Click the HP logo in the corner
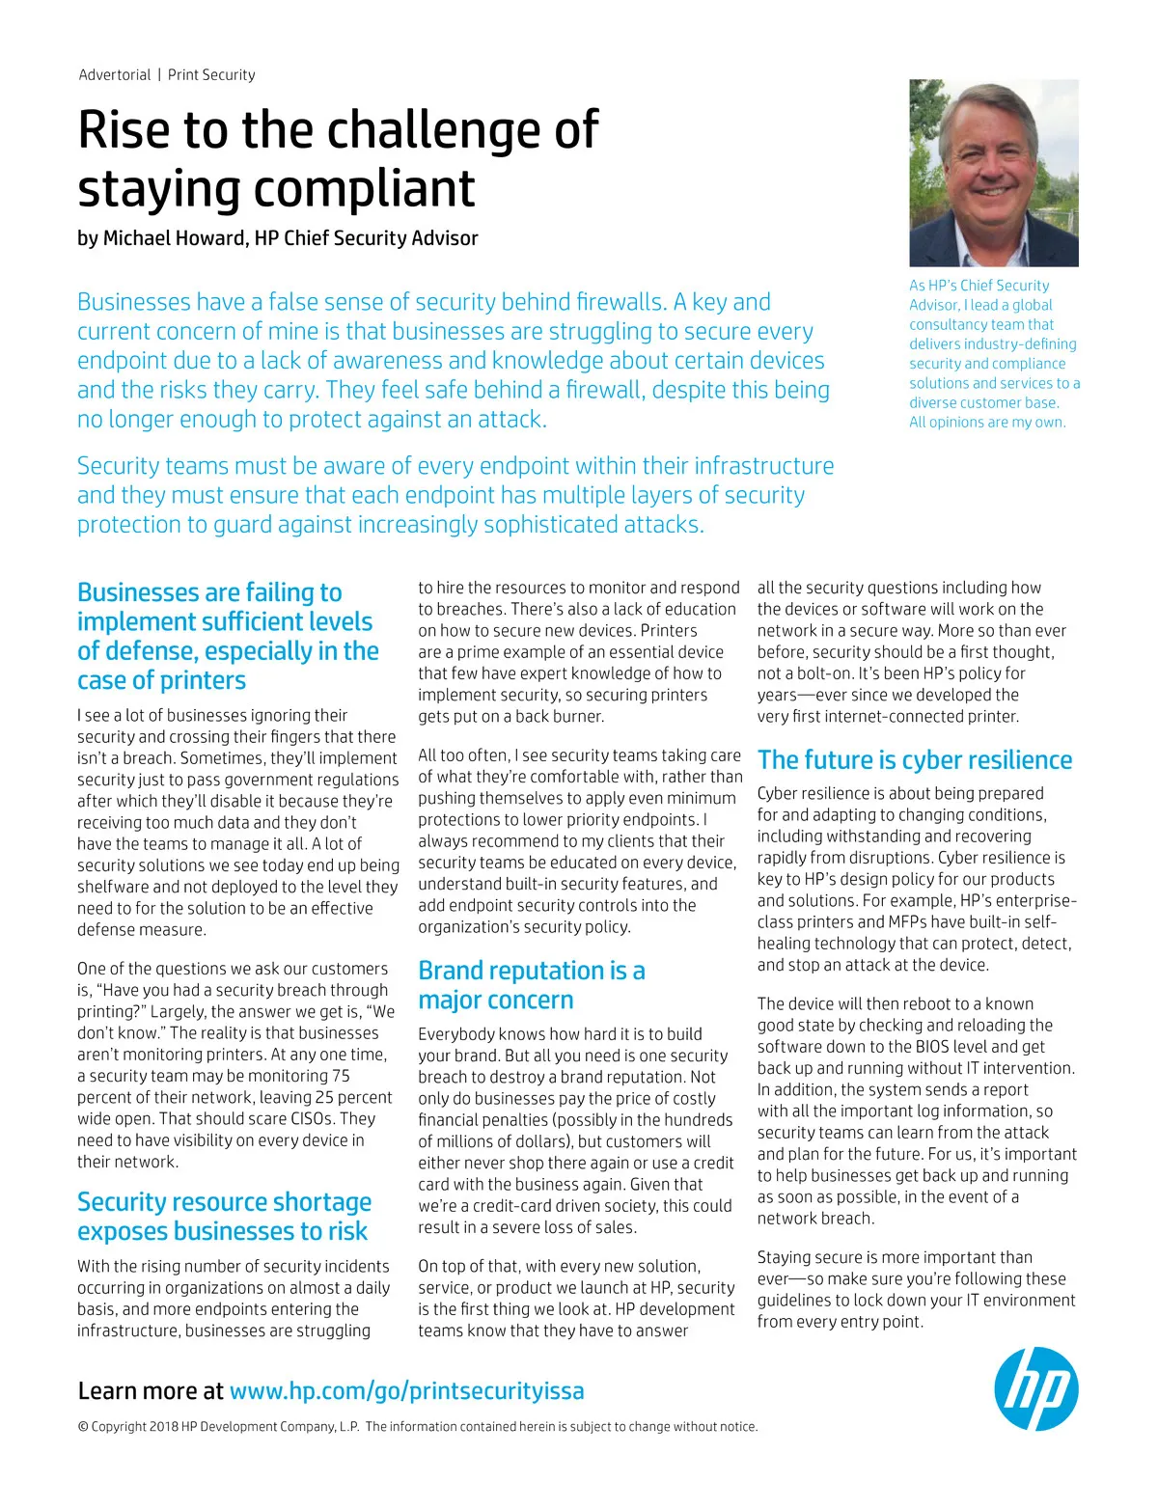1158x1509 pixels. coord(1035,1388)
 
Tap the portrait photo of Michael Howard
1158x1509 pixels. coord(993,173)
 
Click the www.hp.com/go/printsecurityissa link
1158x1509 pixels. coord(406,1390)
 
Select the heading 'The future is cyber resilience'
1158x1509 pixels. coord(914,760)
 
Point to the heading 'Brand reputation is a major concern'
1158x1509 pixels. coord(531,985)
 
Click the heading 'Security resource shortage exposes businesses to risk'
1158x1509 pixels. coord(224,1217)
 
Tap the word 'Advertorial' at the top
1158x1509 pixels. coord(115,75)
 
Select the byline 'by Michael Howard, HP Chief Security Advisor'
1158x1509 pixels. coord(277,238)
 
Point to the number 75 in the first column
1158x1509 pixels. coord(341,1076)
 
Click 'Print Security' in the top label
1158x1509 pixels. coord(211,75)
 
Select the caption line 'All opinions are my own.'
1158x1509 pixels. coord(987,423)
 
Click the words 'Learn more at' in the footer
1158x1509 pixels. coord(151,1390)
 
